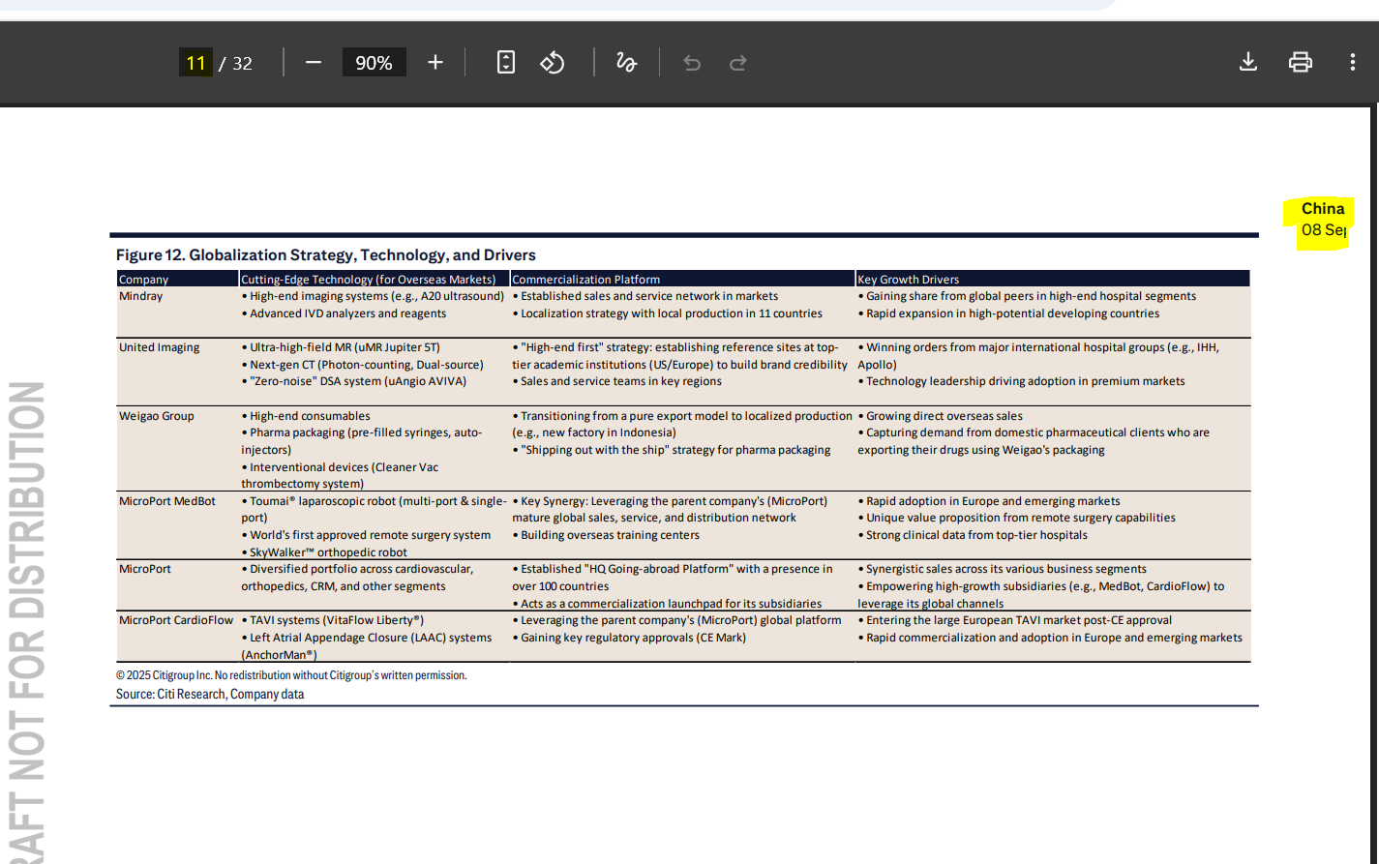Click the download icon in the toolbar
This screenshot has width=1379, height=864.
[x=1248, y=63]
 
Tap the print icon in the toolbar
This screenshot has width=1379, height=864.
[x=1301, y=63]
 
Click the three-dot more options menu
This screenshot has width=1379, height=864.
[x=1352, y=63]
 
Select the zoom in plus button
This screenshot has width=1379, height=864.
[x=435, y=63]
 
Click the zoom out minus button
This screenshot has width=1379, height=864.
[x=313, y=63]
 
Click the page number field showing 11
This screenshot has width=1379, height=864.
[x=195, y=63]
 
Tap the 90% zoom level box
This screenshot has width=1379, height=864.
[x=374, y=63]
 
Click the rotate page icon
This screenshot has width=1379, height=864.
[x=553, y=63]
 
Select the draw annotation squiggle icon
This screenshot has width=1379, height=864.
[x=626, y=63]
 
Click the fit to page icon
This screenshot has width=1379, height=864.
[x=505, y=63]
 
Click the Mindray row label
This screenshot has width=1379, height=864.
[x=141, y=296]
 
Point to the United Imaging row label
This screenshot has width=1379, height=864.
[x=160, y=347]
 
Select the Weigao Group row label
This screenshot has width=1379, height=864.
[x=157, y=416]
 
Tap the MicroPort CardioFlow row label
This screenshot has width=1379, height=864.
[x=176, y=620]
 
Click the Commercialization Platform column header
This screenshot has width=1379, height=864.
[x=586, y=280]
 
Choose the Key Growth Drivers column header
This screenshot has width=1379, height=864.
[x=909, y=280]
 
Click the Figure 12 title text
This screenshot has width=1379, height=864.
[x=326, y=255]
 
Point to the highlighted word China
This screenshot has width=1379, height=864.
[x=1323, y=209]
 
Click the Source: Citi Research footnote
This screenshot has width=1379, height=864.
[x=210, y=694]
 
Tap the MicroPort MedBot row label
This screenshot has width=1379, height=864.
[x=167, y=501]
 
